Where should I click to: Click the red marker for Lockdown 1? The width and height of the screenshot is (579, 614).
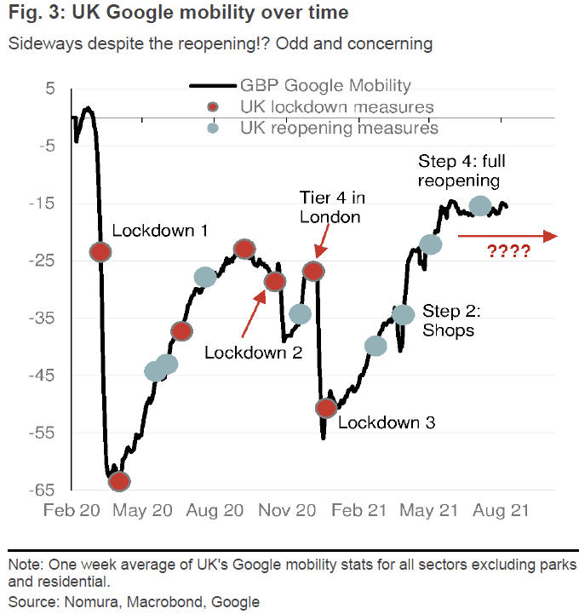(x=101, y=251)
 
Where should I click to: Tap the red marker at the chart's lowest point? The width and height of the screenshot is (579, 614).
(x=120, y=481)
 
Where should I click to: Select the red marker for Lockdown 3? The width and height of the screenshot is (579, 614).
(x=326, y=408)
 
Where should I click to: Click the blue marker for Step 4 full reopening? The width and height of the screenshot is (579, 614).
(x=480, y=205)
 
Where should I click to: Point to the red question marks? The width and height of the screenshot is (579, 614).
(x=508, y=251)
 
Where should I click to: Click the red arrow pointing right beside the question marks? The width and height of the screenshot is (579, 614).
(x=508, y=236)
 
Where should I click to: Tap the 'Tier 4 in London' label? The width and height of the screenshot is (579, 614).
(x=333, y=207)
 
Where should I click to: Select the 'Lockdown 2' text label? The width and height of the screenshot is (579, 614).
(x=254, y=351)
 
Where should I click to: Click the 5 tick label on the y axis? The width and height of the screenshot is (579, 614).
(x=49, y=89)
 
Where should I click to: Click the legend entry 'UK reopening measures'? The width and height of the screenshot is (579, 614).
(x=339, y=128)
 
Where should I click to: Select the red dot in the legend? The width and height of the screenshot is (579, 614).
(x=213, y=107)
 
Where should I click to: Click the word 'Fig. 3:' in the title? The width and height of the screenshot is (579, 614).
(x=37, y=14)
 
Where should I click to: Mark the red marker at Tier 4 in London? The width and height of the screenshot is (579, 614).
(x=314, y=272)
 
